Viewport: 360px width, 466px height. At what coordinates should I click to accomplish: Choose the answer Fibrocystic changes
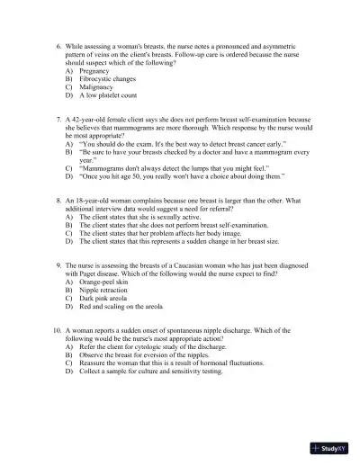pos(106,79)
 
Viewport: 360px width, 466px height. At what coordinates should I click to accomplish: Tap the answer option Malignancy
pos(95,87)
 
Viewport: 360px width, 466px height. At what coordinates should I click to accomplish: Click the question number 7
pos(58,119)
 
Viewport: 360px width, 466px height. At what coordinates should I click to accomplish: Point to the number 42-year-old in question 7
pos(84,119)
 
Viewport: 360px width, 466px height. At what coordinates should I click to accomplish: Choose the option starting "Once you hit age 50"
pos(181,176)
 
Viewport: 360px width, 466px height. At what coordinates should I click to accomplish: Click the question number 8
pos(58,200)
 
